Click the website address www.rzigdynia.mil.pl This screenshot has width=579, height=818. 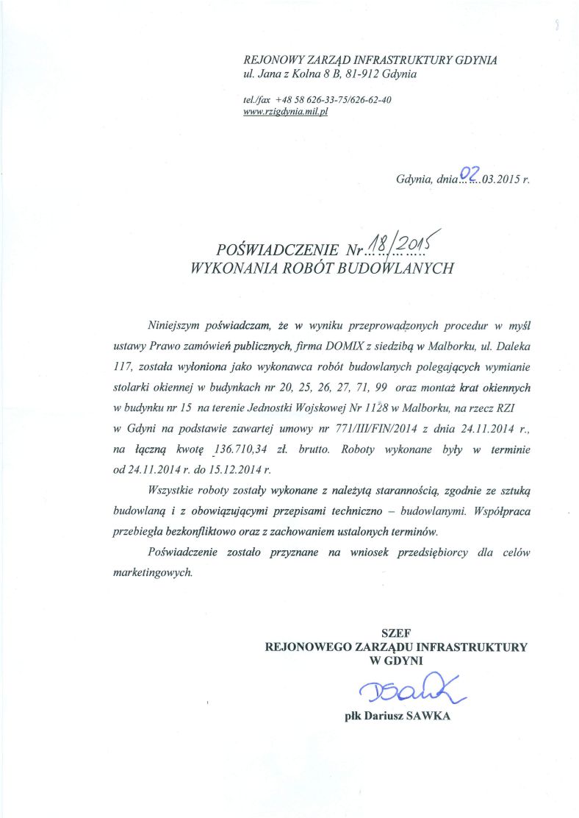[284, 111]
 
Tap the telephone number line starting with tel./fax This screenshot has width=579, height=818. [316, 99]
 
